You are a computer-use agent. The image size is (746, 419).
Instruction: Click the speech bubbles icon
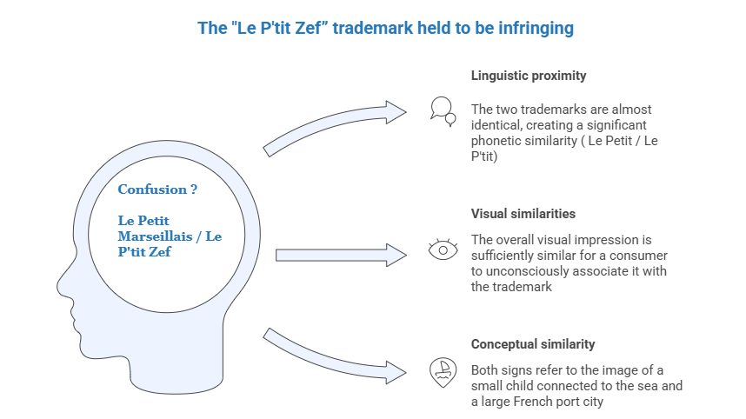pos(443,109)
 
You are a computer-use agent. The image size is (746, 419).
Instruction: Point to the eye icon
pos(443,250)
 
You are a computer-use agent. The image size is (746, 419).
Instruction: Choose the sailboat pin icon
pos(443,370)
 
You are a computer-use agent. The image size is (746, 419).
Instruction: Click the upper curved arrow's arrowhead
pos(396,110)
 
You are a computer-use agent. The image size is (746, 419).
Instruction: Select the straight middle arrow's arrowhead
pos(396,254)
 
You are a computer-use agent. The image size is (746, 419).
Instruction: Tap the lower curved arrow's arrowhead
pos(396,372)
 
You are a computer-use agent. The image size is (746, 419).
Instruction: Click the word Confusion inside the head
pos(150,190)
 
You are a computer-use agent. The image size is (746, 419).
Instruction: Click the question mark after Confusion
pos(193,190)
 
